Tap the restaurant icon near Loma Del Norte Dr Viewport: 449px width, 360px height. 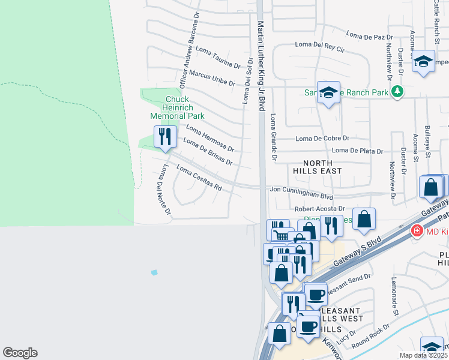(x=164, y=137)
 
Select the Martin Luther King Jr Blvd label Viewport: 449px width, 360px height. (x=261, y=66)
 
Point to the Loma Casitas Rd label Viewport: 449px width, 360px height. (x=199, y=178)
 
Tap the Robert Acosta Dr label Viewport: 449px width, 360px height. (x=321, y=209)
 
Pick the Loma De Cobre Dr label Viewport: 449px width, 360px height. (x=322, y=139)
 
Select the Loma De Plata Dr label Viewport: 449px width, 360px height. (x=357, y=151)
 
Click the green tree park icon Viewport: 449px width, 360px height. (x=396, y=92)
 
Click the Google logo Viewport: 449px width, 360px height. (x=20, y=353)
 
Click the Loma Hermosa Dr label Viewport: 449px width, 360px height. (x=209, y=138)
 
